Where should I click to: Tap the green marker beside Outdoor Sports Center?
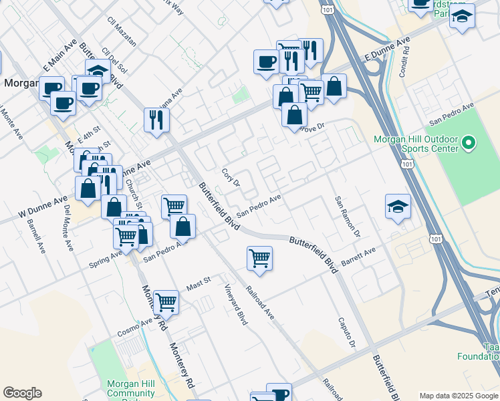(x=468, y=142)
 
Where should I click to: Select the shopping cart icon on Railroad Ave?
(x=259, y=258)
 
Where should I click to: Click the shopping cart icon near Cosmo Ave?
(x=166, y=301)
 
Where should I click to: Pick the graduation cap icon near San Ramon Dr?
(x=398, y=207)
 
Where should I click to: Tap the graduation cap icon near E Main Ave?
(x=98, y=72)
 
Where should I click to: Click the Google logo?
(x=22, y=393)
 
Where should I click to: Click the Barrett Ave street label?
(x=359, y=256)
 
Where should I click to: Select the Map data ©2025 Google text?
(x=459, y=396)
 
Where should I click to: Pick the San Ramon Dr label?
(x=348, y=217)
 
